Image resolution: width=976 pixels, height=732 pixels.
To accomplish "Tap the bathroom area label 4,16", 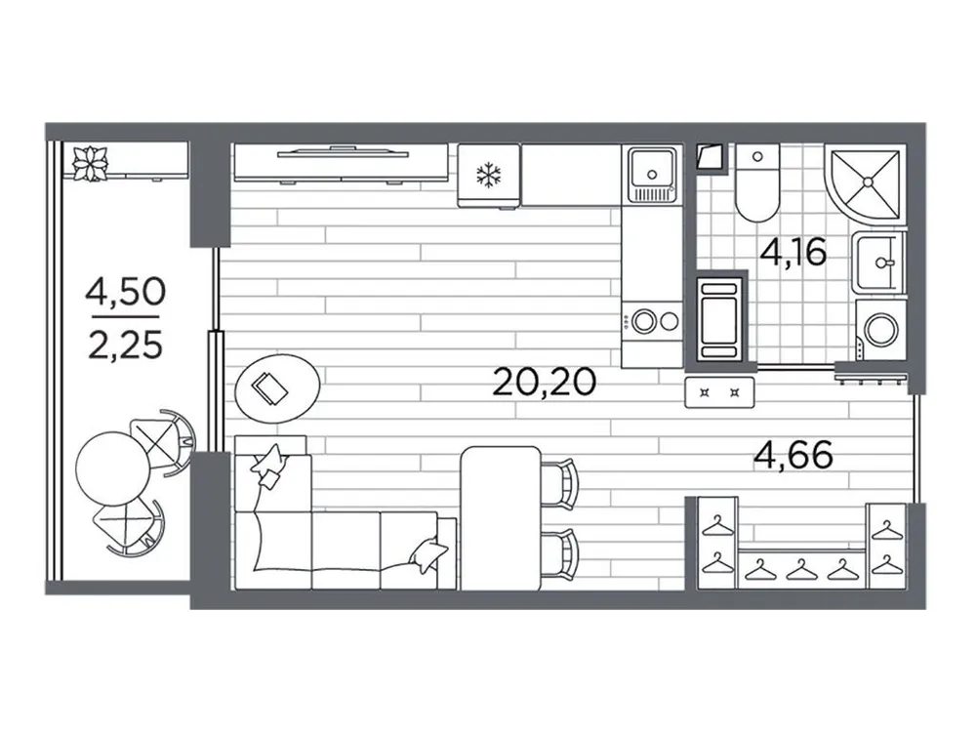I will pyautogui.click(x=794, y=253).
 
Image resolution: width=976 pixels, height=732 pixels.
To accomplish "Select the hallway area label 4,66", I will pyautogui.click(x=794, y=455).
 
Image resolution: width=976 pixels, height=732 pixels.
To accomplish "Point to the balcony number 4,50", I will pyautogui.click(x=125, y=291).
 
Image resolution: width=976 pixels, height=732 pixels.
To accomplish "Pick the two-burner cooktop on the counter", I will pyautogui.click(x=653, y=319).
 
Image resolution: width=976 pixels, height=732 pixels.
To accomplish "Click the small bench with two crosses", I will pyautogui.click(x=721, y=392).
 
